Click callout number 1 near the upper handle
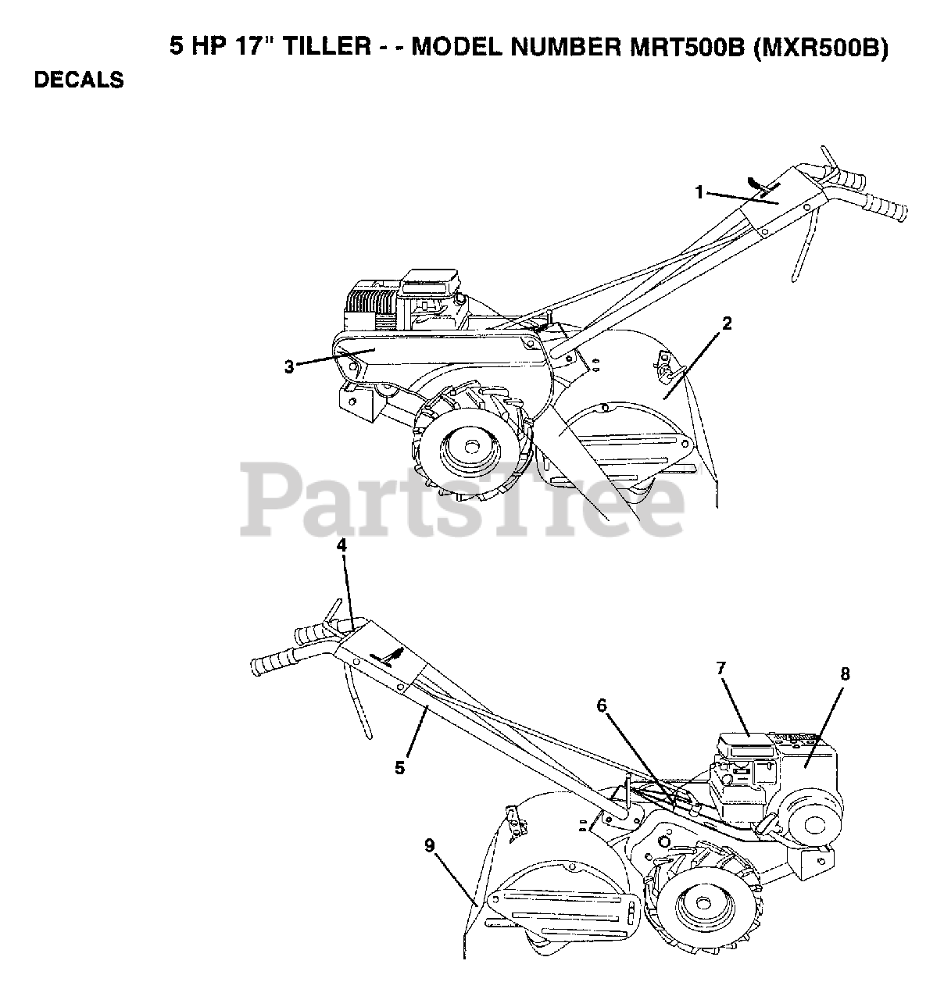point(700,191)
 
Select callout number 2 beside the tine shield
point(727,323)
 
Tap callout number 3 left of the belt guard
point(289,366)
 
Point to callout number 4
point(341,545)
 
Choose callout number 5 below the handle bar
point(399,767)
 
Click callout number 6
point(602,705)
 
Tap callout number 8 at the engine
point(846,673)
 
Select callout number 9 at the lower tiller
point(429,845)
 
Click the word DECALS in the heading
point(79,80)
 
